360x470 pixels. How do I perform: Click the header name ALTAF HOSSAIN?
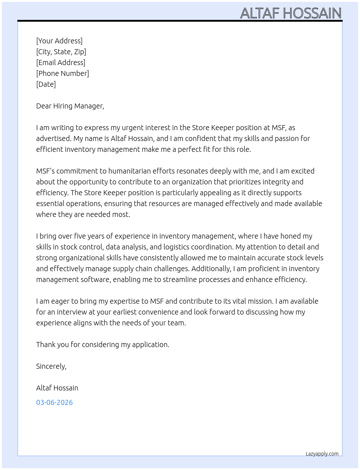tap(291, 13)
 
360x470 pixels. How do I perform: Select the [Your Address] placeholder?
tap(59, 41)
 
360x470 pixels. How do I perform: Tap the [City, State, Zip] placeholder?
tap(61, 52)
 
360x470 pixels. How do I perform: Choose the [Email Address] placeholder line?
tap(61, 63)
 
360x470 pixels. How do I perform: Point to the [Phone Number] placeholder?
tap(63, 73)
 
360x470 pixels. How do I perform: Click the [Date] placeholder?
tap(46, 84)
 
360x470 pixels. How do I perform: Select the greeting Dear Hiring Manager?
tap(70, 106)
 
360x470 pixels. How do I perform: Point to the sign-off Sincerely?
tap(51, 366)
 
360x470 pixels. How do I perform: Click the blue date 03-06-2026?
tap(54, 402)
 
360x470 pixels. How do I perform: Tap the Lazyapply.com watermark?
tap(322, 454)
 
